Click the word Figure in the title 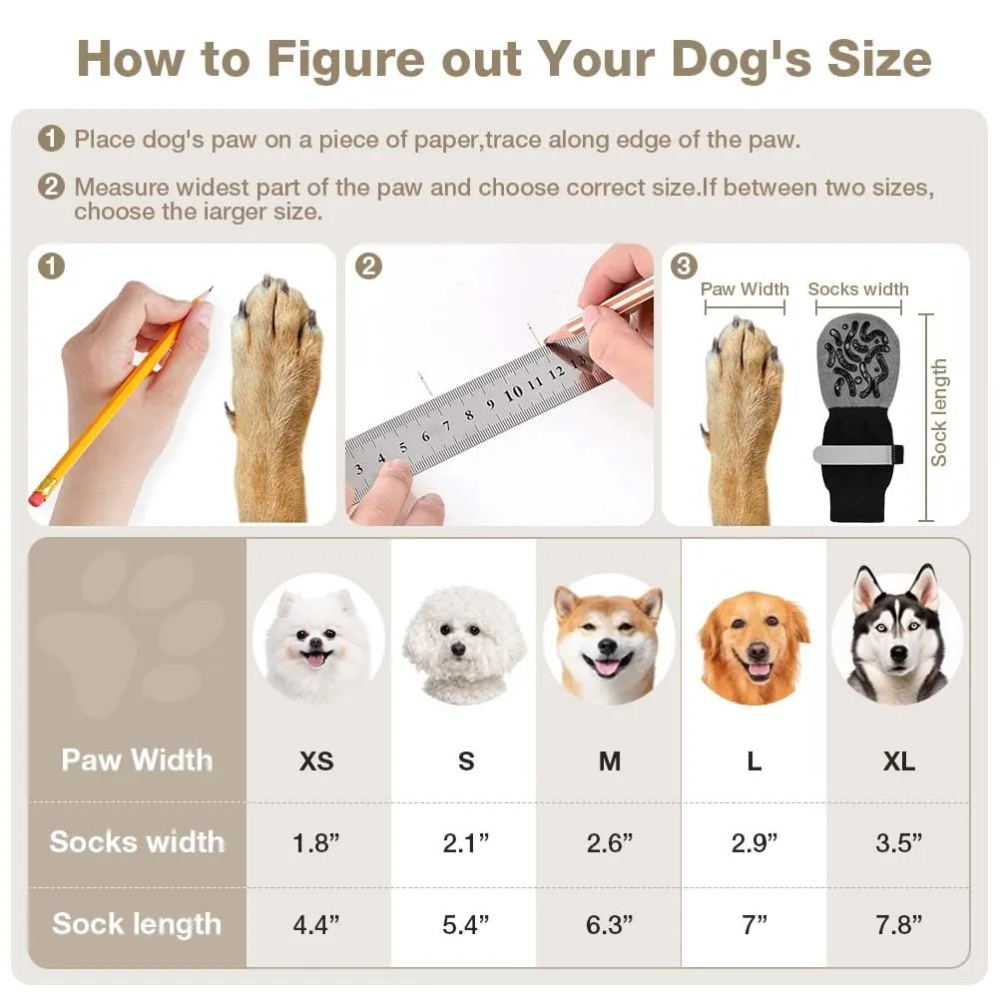[x=345, y=60]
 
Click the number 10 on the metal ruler [x=513, y=393]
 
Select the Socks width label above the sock [x=858, y=288]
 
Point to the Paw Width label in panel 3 [x=745, y=288]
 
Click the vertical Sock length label [x=938, y=412]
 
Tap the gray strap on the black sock [x=858, y=454]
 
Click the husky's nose [x=899, y=654]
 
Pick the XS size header [x=316, y=760]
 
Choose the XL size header [x=899, y=760]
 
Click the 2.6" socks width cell [x=610, y=843]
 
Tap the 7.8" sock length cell [x=899, y=924]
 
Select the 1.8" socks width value [x=316, y=843]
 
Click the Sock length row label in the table [x=137, y=924]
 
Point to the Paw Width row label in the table [x=137, y=760]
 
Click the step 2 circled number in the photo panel [x=368, y=266]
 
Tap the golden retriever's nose [x=756, y=652]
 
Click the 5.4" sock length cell [x=466, y=924]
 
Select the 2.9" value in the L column [x=754, y=843]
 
